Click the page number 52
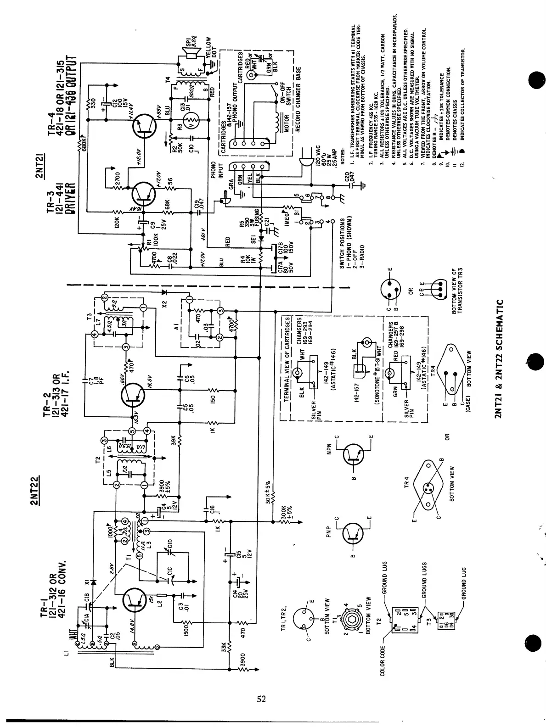pyautogui.click(x=261, y=699)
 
